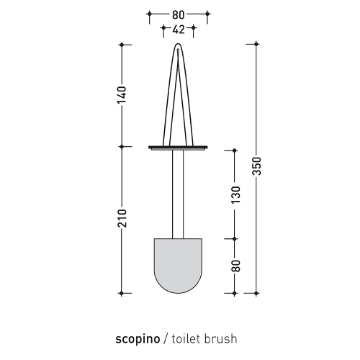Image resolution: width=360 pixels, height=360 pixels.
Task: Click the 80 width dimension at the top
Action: click(x=178, y=13)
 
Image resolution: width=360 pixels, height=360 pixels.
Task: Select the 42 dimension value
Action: click(x=178, y=30)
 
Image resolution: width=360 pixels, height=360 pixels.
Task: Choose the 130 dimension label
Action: click(x=235, y=193)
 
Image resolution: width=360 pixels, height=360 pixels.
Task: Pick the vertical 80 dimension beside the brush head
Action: click(x=235, y=265)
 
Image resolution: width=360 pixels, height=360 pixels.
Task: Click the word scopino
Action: click(x=139, y=338)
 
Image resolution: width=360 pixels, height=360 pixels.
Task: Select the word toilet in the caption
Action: click(x=186, y=338)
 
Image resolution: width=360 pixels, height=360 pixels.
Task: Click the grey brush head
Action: click(x=178, y=263)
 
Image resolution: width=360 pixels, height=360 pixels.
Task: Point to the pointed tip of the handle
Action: click(x=178, y=45)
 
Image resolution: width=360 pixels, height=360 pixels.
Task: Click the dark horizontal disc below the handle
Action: click(x=178, y=147)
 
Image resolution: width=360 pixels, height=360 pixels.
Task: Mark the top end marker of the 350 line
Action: click(x=257, y=45)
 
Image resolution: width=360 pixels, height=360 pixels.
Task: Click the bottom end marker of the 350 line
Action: click(x=257, y=293)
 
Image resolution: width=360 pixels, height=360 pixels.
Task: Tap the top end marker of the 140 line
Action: click(x=122, y=45)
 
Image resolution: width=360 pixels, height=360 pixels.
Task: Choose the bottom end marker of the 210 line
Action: click(x=122, y=293)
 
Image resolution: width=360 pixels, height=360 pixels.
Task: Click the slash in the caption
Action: click(x=166, y=338)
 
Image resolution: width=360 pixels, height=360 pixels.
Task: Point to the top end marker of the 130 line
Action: click(x=235, y=150)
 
